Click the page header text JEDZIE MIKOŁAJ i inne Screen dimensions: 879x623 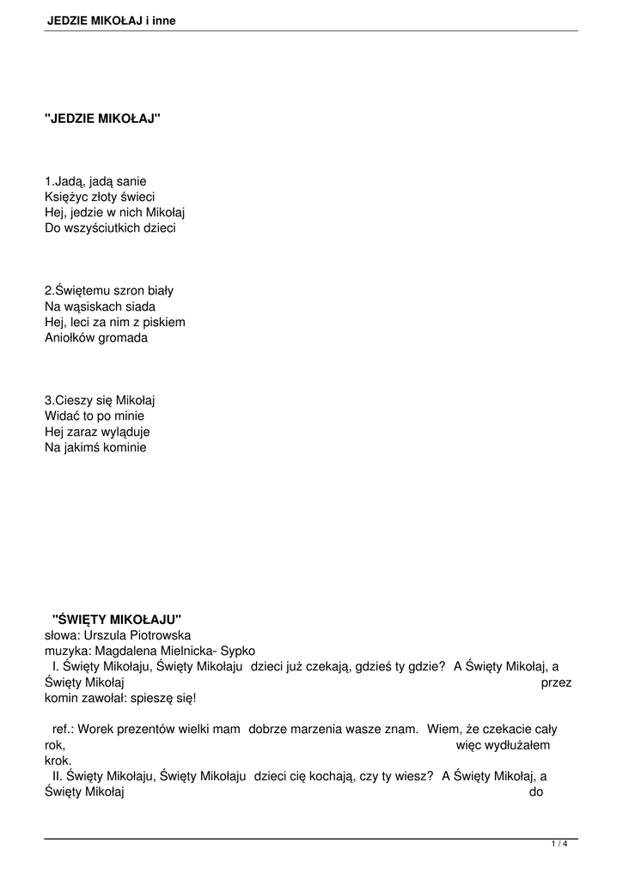[x=111, y=20]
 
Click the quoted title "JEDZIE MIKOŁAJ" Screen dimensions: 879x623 [x=102, y=119]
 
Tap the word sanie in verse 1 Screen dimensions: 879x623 [x=131, y=181]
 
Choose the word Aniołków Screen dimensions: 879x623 [x=69, y=337]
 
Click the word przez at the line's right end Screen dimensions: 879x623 [x=557, y=682]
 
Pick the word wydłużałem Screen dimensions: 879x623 [x=518, y=745]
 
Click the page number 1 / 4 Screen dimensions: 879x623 [x=559, y=845]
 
